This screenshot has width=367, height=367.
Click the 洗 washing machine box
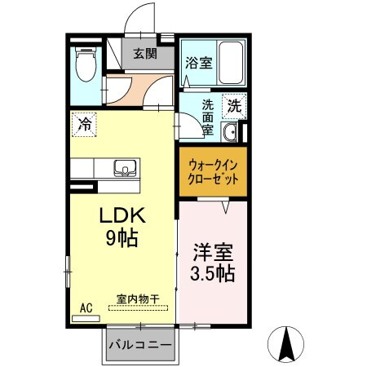[234, 105]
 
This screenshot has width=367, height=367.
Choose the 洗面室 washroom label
[208, 117]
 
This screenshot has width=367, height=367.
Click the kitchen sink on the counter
[126, 167]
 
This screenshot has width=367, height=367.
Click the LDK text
[122, 218]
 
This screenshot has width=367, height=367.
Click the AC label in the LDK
[86, 308]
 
